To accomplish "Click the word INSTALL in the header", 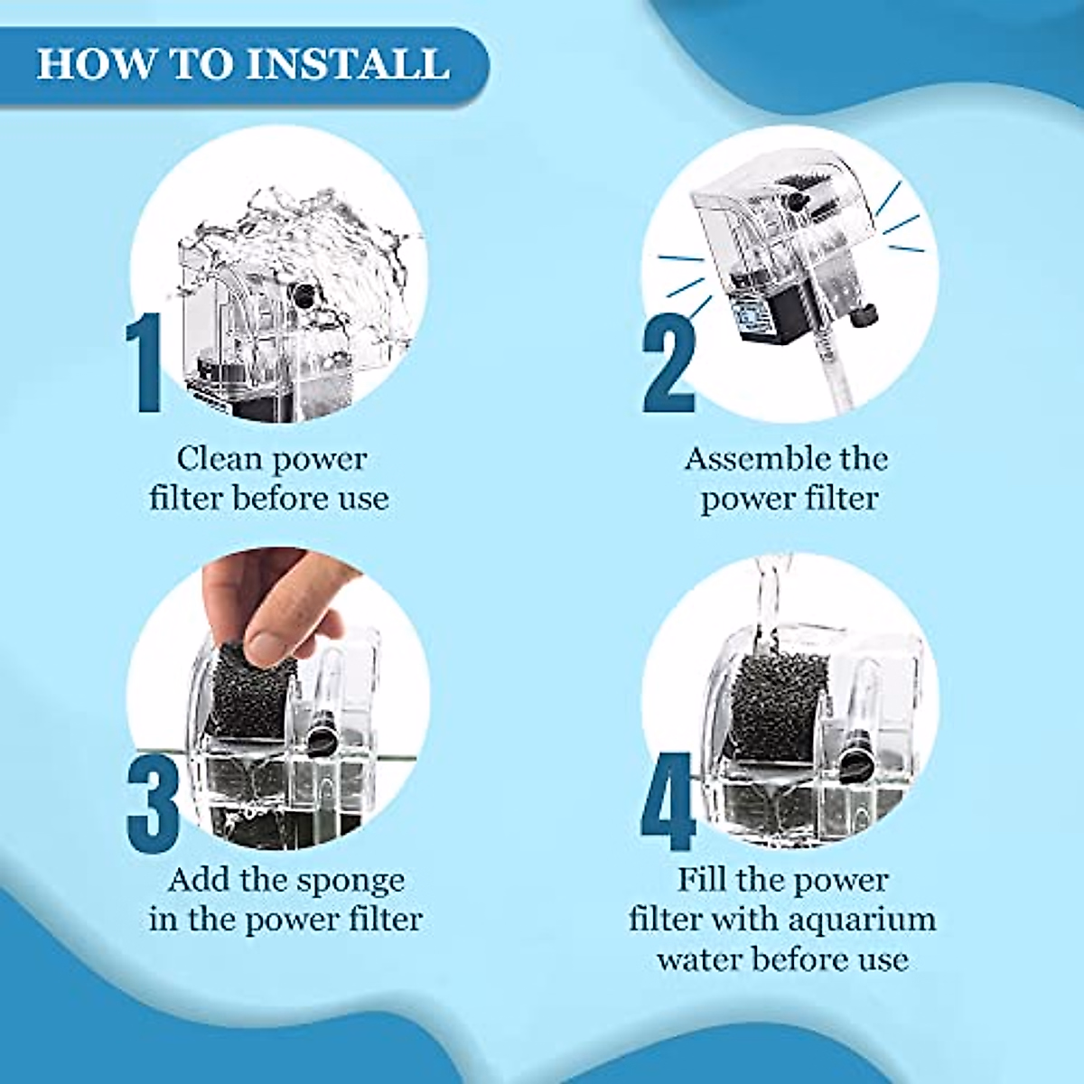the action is pyautogui.click(x=348, y=65).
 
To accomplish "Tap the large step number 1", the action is pyautogui.click(x=144, y=363).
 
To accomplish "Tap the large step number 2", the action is pyautogui.click(x=669, y=363).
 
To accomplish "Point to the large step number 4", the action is pyautogui.click(x=669, y=800).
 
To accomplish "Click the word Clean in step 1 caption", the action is pyautogui.click(x=219, y=459).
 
